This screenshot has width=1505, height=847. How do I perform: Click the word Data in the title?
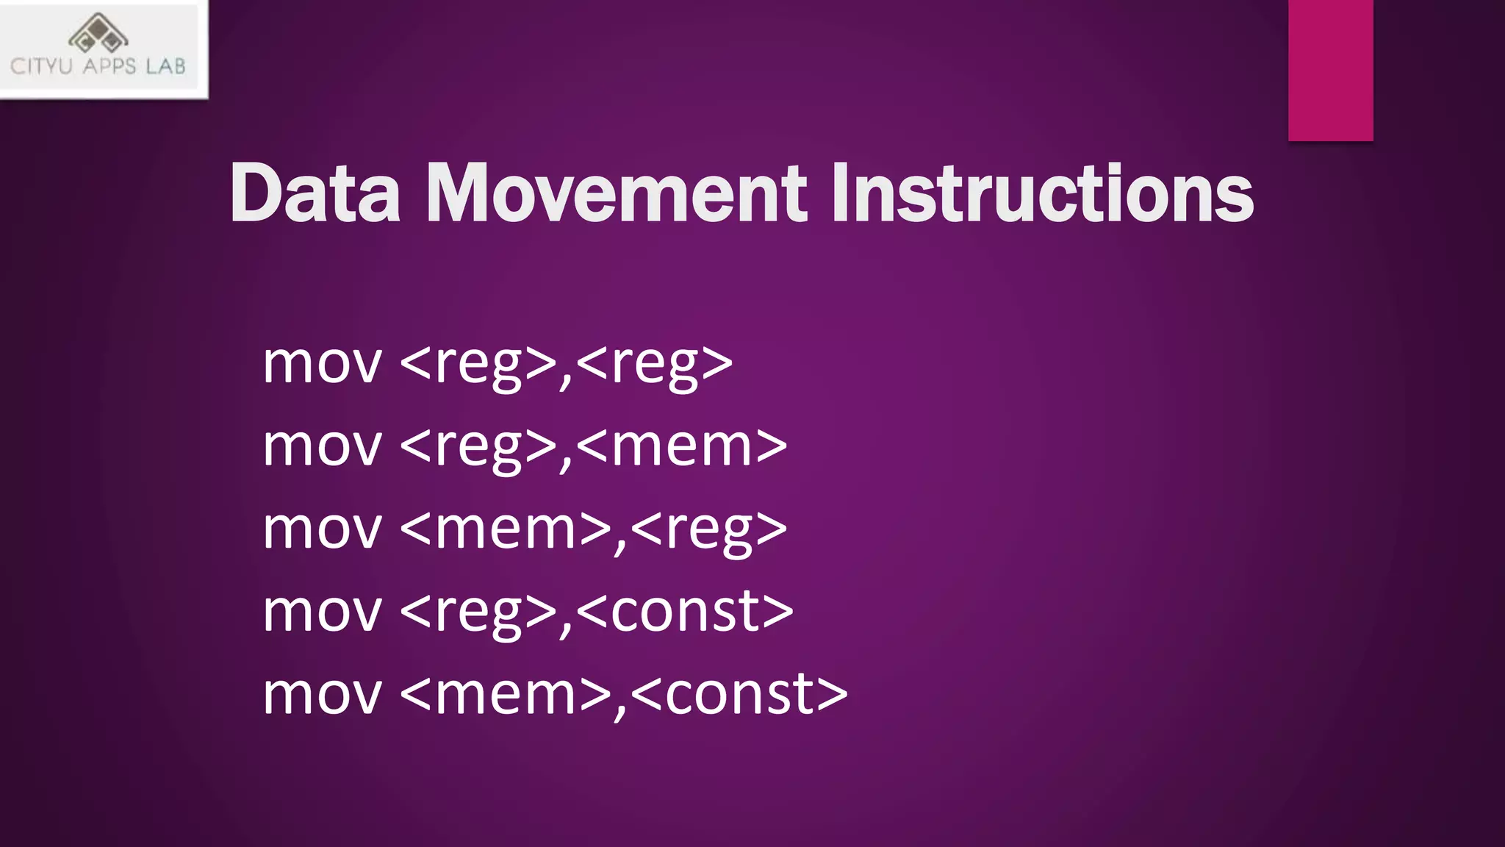pos(315,193)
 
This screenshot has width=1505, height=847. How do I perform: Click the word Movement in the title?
pos(617,193)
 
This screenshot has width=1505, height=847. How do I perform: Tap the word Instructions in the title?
pos(1042,193)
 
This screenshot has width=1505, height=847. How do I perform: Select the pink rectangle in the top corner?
pos(1330,70)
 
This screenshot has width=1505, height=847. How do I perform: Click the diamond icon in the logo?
pos(98,33)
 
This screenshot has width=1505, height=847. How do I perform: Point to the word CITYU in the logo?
pos(41,67)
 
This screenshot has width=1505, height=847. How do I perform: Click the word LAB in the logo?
pos(165,67)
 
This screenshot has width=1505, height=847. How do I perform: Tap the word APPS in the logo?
pos(109,67)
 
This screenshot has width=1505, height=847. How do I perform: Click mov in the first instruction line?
pos(322,363)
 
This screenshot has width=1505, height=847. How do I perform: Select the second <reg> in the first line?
pos(654,363)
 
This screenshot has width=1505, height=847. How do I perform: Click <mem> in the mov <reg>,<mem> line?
pos(681,446)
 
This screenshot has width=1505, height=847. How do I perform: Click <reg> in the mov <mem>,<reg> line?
pos(708,529)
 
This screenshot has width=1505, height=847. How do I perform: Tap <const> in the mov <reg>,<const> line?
pos(684,612)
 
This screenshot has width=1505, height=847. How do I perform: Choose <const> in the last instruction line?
pos(739,694)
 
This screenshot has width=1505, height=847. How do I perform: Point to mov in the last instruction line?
pos(322,694)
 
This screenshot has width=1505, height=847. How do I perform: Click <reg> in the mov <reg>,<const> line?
pos(478,612)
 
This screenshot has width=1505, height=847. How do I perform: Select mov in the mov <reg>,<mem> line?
pos(322,446)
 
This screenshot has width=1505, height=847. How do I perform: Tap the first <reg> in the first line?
pos(478,363)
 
